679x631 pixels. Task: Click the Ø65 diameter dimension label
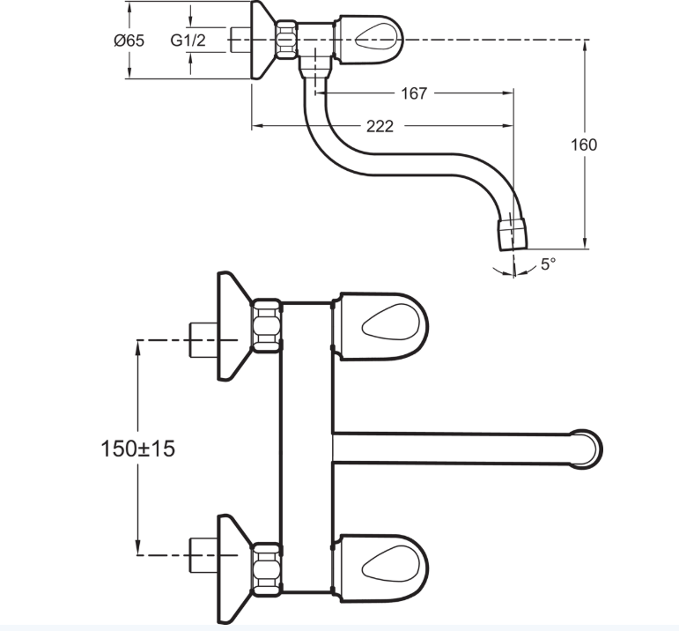(x=129, y=41)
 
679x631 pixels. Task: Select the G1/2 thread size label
(x=188, y=41)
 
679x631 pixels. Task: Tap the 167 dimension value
(x=414, y=93)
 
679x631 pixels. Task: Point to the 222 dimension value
(x=380, y=126)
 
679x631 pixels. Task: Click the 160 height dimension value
(x=584, y=145)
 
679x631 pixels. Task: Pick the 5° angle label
(x=549, y=264)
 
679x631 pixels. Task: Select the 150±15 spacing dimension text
(x=137, y=448)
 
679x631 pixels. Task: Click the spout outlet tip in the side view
(x=513, y=234)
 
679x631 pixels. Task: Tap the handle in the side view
(x=370, y=40)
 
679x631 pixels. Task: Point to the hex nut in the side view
(x=286, y=40)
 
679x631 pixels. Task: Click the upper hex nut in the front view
(x=266, y=325)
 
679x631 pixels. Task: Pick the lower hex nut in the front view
(x=266, y=569)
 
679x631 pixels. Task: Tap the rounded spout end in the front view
(x=586, y=449)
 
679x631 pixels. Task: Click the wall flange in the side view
(x=262, y=40)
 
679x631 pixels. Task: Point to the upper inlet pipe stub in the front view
(x=203, y=340)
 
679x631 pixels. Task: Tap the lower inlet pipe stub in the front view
(x=203, y=554)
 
